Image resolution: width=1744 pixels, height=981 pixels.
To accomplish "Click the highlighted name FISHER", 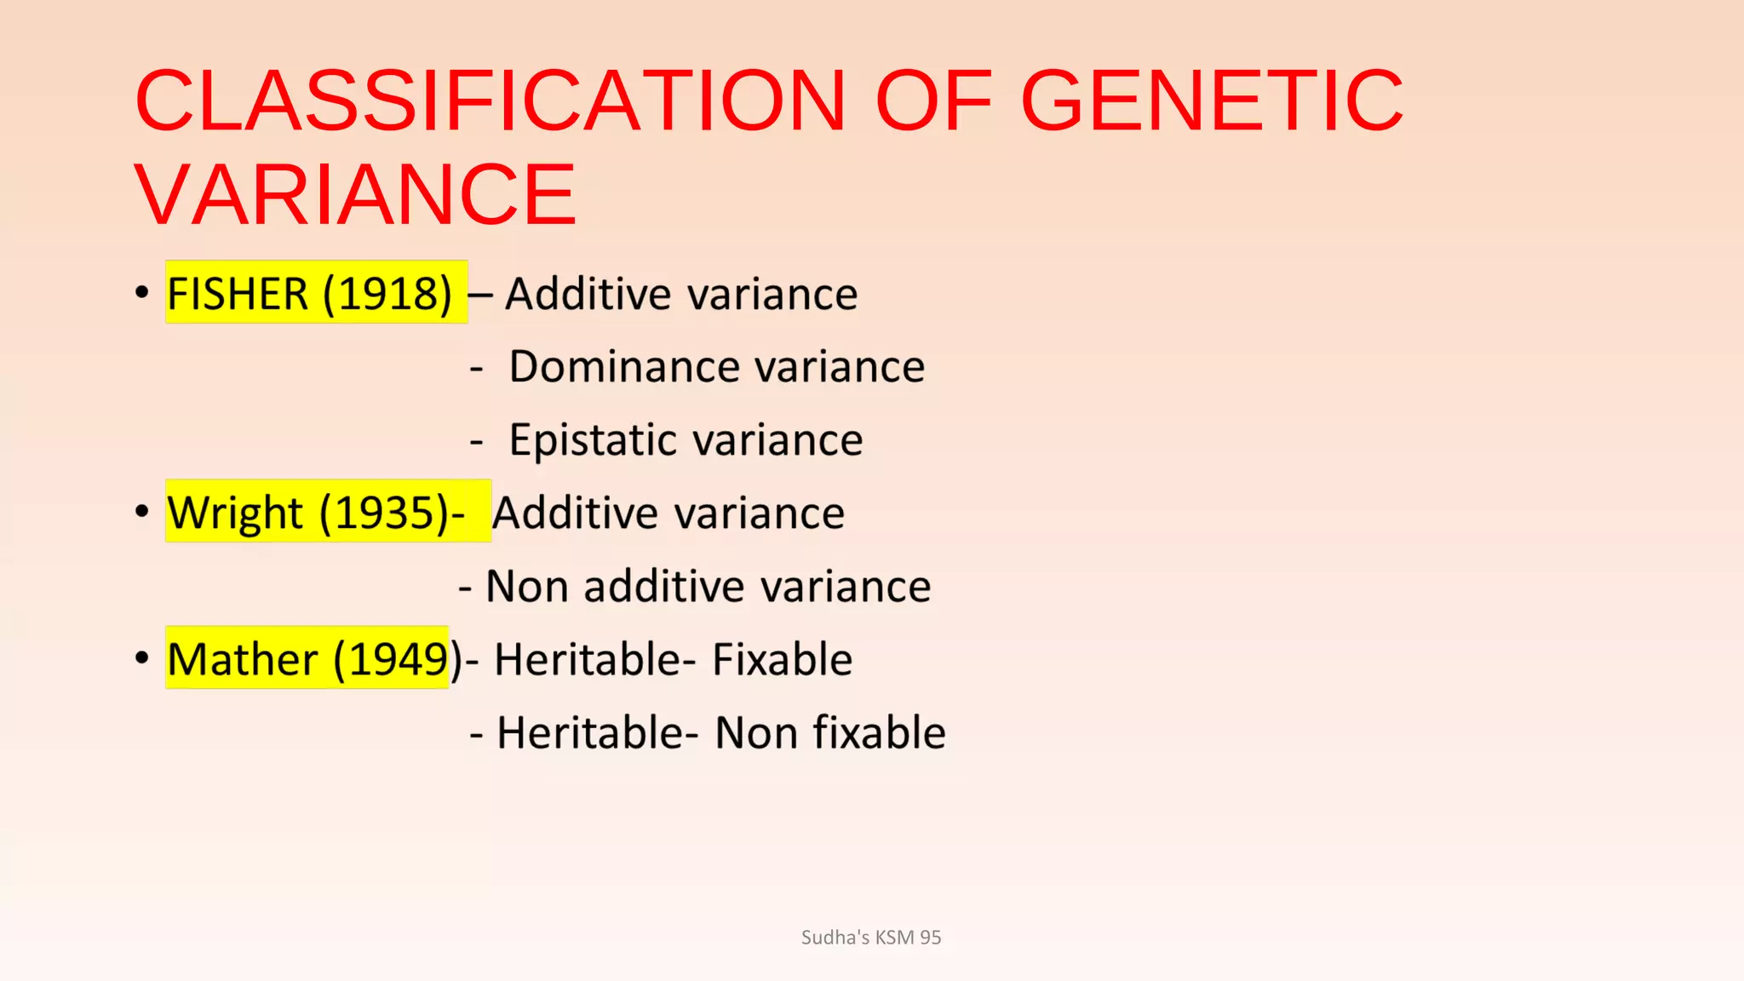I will (238, 294).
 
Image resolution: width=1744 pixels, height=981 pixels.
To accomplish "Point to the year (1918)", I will (387, 294).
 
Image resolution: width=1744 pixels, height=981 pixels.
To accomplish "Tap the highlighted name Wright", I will (235, 513).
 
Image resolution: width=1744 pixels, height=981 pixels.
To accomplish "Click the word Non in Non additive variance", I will (527, 587).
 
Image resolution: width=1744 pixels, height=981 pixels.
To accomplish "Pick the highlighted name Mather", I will (243, 660).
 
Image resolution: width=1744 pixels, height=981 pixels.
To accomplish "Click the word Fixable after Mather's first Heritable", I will (782, 660).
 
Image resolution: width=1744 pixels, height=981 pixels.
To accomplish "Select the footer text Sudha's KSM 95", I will (871, 938).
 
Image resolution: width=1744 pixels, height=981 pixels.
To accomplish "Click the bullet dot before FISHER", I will (142, 293).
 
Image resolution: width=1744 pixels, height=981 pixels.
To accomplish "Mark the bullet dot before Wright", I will (142, 512).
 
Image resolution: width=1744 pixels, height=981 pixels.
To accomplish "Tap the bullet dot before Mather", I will (142, 658).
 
